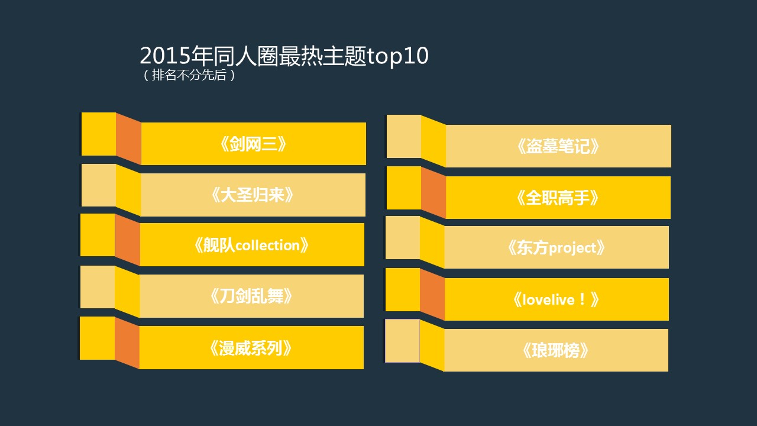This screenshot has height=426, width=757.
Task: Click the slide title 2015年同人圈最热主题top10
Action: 284,56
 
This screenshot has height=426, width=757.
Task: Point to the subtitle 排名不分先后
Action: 189,75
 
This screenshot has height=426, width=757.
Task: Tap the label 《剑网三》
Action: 253,144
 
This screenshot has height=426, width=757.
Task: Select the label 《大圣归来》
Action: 253,195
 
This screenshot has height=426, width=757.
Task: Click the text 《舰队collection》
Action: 251,245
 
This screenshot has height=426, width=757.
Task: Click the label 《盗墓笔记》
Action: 558,146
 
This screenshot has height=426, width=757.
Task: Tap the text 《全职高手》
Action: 558,198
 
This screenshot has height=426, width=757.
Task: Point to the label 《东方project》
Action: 557,248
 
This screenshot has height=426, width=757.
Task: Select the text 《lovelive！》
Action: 556,299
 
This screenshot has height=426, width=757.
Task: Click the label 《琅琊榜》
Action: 555,351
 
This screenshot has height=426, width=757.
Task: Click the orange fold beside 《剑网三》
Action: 128,139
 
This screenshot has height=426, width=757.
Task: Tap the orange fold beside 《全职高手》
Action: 434,193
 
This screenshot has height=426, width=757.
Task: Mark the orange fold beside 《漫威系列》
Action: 127,343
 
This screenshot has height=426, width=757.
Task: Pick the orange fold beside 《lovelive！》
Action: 432,295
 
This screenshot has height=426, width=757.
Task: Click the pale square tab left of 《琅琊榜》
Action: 402,341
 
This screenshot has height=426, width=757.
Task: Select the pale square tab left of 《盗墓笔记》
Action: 404,136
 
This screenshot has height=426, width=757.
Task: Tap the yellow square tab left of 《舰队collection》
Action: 98,235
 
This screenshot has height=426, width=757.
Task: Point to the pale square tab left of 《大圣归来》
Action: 99,185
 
